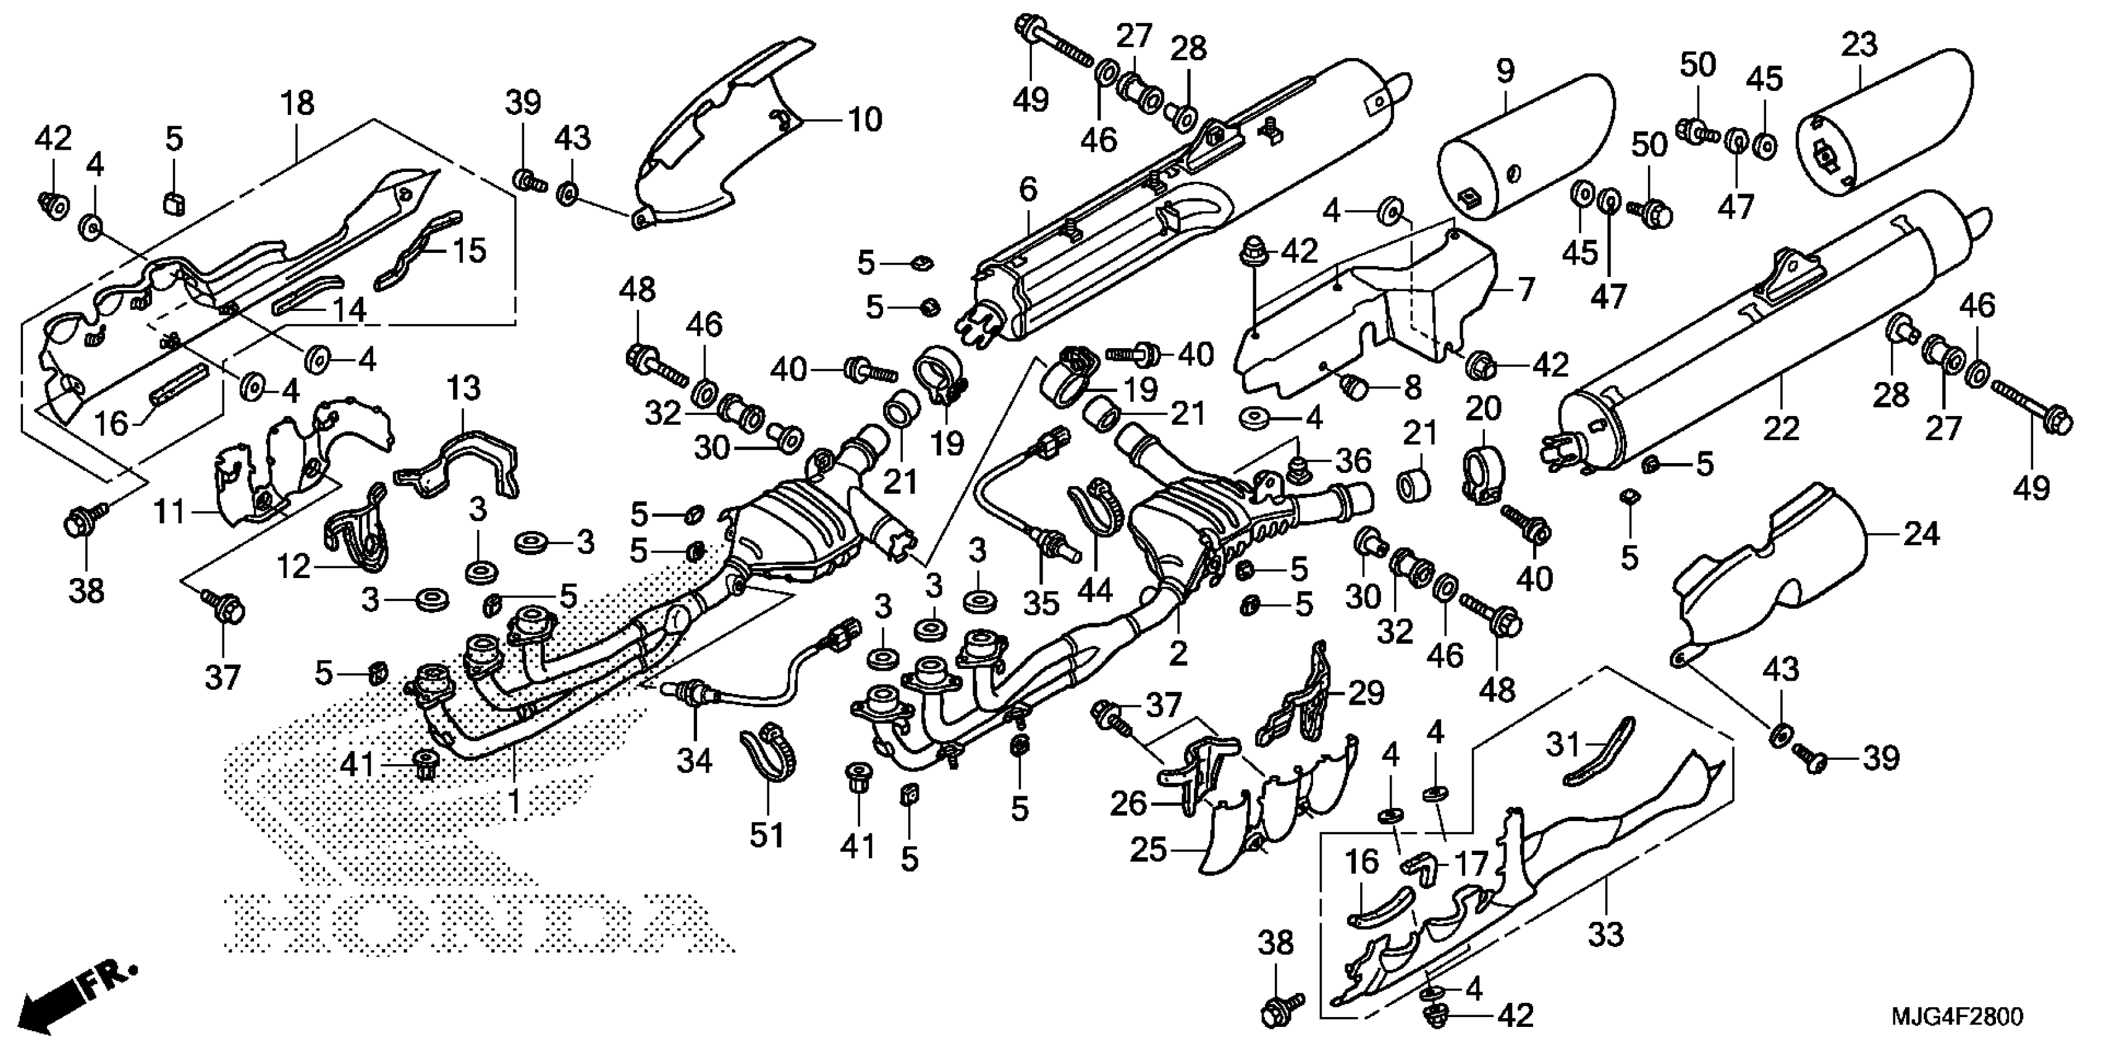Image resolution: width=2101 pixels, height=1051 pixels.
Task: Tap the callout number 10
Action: coord(865,120)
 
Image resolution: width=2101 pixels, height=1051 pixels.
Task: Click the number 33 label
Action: coord(1605,934)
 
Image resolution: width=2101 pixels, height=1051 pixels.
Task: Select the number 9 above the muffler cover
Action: coord(1505,71)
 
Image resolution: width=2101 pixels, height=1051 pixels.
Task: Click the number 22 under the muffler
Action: coord(1780,428)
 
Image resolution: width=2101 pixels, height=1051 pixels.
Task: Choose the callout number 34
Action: coord(695,760)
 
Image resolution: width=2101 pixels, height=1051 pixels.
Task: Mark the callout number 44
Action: coord(1094,589)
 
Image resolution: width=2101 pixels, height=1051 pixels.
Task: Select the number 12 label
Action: coord(294,566)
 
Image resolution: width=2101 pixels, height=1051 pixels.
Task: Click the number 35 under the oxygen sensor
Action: coord(1041,603)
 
